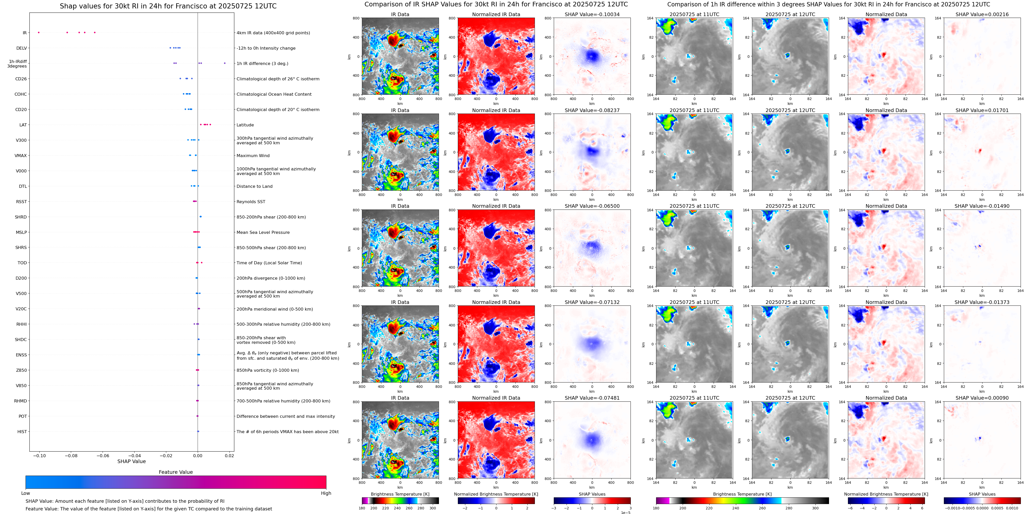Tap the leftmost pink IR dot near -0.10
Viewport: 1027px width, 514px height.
(x=39, y=32)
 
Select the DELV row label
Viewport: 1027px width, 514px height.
(x=21, y=48)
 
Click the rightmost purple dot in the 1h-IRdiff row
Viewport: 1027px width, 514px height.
(x=225, y=63)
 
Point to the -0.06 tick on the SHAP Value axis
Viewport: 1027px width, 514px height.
(x=103, y=455)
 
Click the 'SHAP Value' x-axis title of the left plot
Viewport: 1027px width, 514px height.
(x=131, y=461)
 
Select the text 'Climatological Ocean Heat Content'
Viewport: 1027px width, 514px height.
(x=274, y=94)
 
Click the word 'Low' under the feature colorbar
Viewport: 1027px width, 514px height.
(x=26, y=493)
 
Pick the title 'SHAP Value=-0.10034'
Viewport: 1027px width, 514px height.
(x=592, y=14)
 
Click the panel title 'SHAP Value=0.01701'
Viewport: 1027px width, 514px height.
(x=982, y=111)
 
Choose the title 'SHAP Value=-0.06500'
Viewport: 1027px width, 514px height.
(x=592, y=206)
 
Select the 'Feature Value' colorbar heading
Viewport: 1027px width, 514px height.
(x=176, y=472)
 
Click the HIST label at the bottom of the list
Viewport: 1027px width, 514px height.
(x=22, y=431)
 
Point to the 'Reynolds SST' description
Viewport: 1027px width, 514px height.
(x=251, y=202)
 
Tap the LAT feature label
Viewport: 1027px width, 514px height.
(x=23, y=125)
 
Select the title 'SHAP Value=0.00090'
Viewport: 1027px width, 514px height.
(x=982, y=398)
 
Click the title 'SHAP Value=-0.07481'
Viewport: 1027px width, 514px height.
(x=592, y=398)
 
